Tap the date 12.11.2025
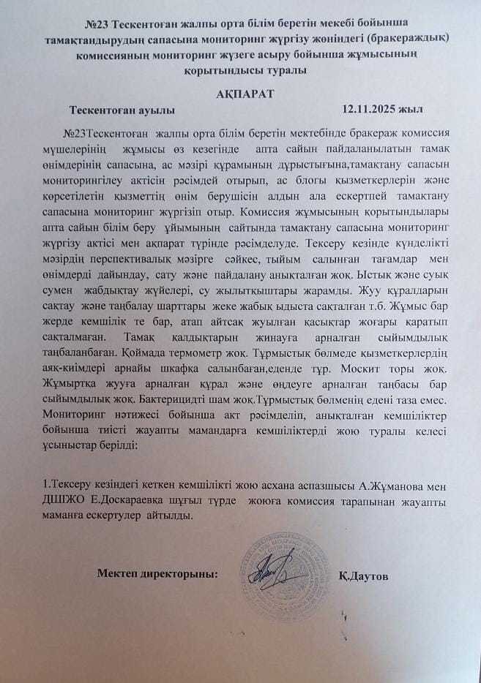(368, 110)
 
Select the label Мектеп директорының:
(157, 575)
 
